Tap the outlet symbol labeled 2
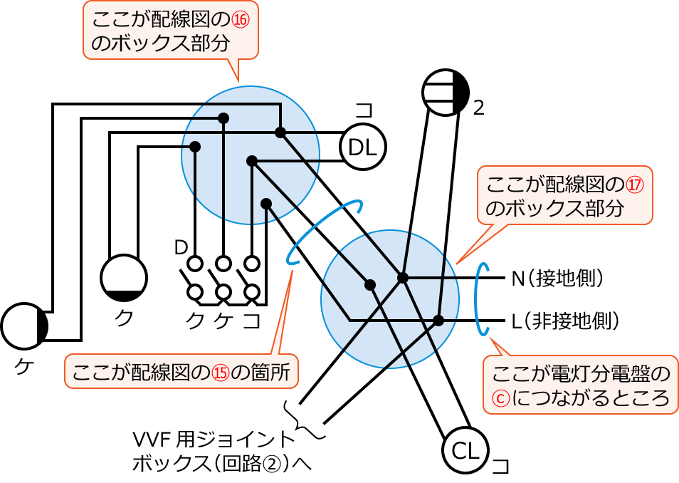click(446, 93)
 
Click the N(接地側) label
click(557, 277)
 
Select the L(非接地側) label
click(564, 321)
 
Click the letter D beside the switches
click(181, 248)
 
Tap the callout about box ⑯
click(170, 31)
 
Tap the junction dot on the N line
click(403, 277)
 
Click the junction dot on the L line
click(439, 321)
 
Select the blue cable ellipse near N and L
click(483, 298)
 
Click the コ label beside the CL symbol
click(501, 467)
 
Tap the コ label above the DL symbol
click(364, 110)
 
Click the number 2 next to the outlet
click(478, 108)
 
